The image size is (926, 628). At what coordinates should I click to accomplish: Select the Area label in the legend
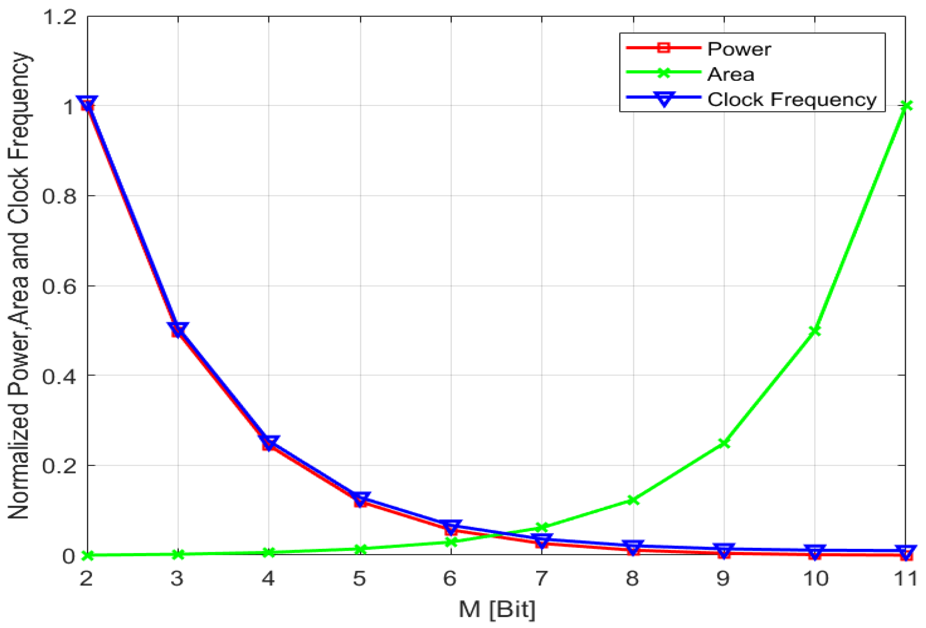tap(731, 75)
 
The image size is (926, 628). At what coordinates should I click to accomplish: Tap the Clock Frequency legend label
tap(791, 100)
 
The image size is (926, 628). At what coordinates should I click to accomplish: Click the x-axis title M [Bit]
tap(497, 609)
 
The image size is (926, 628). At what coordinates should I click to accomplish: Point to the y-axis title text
tap(18, 286)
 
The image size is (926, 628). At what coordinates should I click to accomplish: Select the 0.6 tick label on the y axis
tap(59, 286)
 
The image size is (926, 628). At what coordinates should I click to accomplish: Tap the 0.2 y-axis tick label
tap(59, 465)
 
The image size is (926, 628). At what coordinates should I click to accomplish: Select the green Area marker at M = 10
tap(815, 330)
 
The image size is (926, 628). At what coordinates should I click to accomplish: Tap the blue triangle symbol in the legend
tap(664, 99)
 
